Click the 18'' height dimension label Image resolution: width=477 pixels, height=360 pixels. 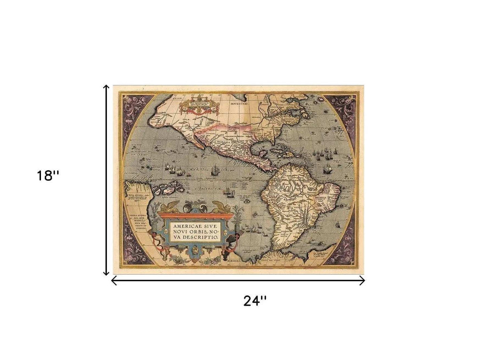point(48,176)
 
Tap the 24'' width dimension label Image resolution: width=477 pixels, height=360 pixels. point(255,301)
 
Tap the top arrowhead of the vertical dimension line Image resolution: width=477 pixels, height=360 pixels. point(107,87)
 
